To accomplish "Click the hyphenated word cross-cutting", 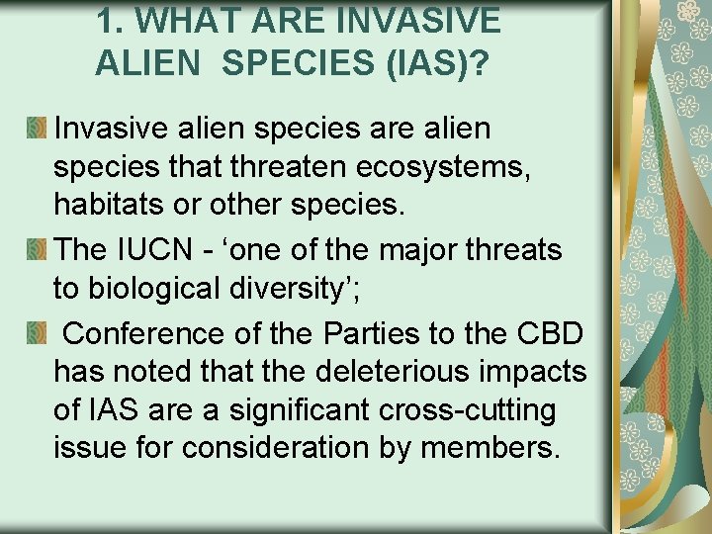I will pos(464,409).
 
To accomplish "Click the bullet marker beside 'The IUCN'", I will pos(37,249).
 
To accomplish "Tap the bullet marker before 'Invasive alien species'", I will pos(37,128).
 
